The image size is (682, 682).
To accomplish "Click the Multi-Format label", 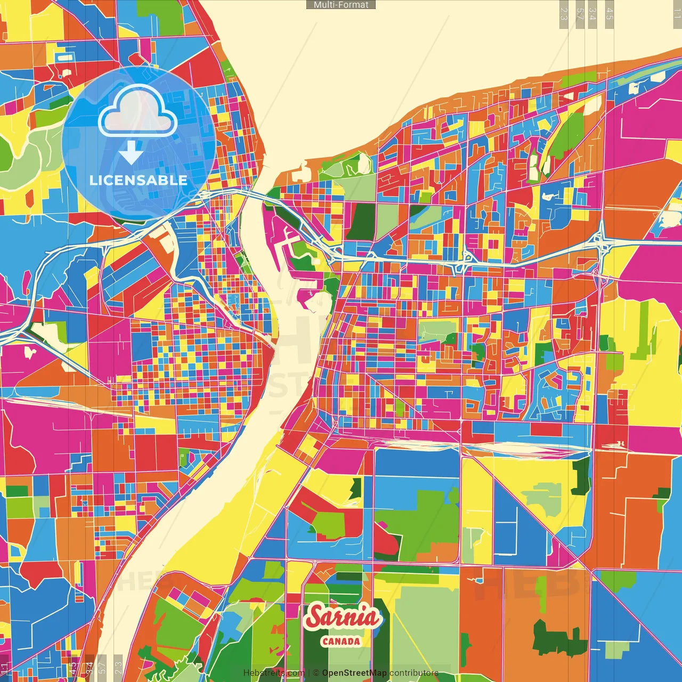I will coord(341,5).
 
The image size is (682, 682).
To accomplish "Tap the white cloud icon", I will coord(138,110).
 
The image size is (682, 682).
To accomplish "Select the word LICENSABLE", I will coord(139,180).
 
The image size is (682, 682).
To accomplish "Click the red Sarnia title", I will coord(344,618).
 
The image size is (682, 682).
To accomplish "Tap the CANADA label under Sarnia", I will coord(341,642).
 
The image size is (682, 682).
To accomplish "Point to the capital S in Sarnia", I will coord(315,616).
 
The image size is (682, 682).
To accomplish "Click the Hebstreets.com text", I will coord(274,673).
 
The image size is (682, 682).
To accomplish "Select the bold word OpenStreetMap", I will coord(354,673).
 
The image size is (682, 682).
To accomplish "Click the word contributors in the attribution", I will coord(414,673).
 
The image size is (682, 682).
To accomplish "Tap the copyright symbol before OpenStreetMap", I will coord(316,673).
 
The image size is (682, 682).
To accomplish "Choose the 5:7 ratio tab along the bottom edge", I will coord(102,668).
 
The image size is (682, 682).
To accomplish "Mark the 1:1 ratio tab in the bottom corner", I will coord(5,668).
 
